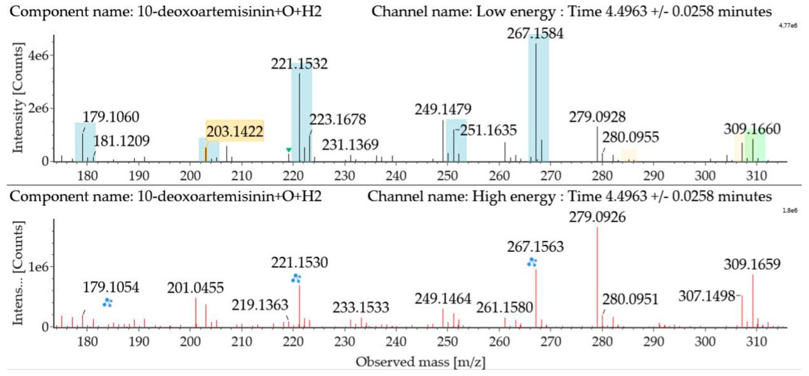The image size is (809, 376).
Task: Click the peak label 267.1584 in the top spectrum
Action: click(535, 34)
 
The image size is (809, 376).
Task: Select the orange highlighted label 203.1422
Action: click(235, 131)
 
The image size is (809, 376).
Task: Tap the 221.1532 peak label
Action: click(299, 64)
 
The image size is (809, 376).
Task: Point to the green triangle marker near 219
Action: click(289, 150)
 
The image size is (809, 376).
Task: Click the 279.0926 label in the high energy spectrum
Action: click(597, 217)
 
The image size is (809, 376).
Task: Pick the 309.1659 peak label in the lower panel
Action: click(752, 264)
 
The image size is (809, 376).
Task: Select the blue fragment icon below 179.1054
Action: click(107, 302)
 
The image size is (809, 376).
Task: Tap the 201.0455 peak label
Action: click(195, 288)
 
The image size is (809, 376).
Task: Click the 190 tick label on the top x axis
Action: click(139, 176)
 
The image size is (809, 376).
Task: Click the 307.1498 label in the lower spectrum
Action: click(707, 296)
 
